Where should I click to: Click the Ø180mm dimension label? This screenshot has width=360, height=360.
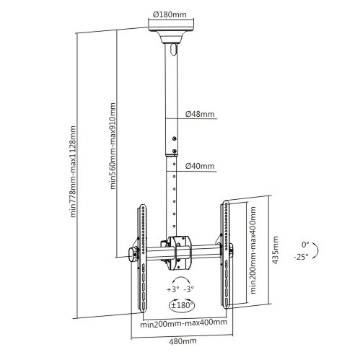pyautogui.click(x=170, y=14)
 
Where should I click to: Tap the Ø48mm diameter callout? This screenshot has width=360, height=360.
pyautogui.click(x=200, y=114)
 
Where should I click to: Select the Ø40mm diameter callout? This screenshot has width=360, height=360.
pyautogui.click(x=200, y=166)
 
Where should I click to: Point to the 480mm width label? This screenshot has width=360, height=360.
pyautogui.click(x=183, y=341)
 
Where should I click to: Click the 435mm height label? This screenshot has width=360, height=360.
pyautogui.click(x=276, y=250)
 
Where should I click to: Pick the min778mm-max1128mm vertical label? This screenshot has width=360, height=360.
pyautogui.click(x=73, y=172)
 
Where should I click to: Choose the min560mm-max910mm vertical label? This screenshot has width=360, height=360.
pyautogui.click(x=113, y=146)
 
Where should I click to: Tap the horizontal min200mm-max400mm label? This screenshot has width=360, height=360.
pyautogui.click(x=184, y=322)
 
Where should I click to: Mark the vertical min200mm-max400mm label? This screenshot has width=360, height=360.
pyautogui.click(x=253, y=250)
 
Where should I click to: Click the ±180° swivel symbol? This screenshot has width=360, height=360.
pyautogui.click(x=182, y=305)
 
